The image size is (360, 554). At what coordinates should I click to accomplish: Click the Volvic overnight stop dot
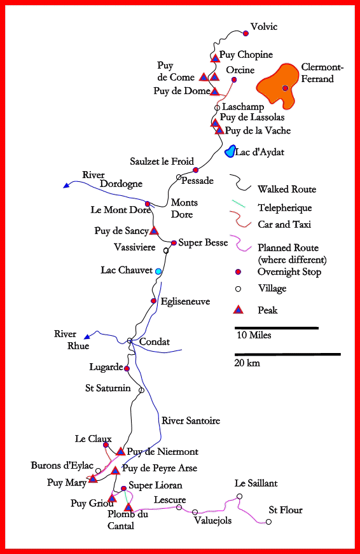pos(246,34)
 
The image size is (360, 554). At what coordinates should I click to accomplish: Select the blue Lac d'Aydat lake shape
pos(230,151)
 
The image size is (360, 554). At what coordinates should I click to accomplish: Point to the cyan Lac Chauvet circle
pos(158,271)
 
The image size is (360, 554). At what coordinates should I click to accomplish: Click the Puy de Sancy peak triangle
pos(154,231)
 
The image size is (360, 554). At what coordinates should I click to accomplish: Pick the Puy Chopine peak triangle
pos(215,58)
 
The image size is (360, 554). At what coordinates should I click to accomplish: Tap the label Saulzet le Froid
pos(162,162)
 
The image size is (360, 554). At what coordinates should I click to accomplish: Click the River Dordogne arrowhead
pos(66,185)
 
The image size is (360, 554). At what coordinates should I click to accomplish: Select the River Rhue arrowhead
pos(87,336)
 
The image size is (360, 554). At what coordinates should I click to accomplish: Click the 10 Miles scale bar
pos(277,328)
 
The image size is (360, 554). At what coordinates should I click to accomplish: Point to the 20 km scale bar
pos(287,354)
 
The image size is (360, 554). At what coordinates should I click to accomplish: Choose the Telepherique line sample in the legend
pos(238,204)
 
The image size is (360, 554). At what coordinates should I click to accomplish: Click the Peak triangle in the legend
pos(239,310)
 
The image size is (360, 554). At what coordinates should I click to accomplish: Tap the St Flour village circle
pos(268,522)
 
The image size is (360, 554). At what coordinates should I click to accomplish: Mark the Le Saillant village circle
pos(240,496)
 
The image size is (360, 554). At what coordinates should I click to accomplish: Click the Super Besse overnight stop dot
pos(174,243)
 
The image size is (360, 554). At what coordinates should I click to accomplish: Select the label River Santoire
pos(191,420)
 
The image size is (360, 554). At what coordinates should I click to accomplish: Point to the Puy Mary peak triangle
pos(93,479)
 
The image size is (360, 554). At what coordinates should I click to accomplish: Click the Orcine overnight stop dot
pos(234,80)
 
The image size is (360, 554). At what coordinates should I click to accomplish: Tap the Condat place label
pos(155,342)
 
